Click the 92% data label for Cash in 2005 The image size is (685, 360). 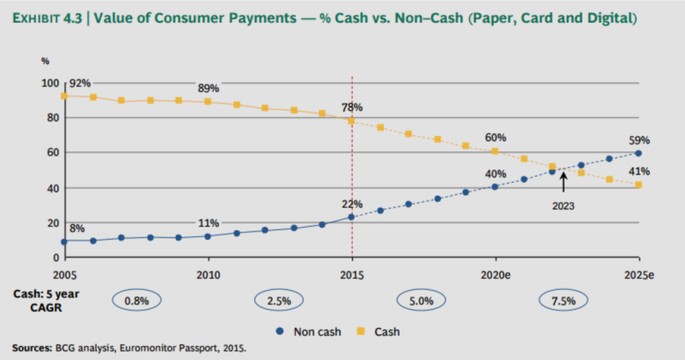pos(79,84)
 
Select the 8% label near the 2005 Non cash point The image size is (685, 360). pos(78,229)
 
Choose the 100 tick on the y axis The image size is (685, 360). pos(51,83)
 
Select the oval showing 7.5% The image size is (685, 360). pos(563,300)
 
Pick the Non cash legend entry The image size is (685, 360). pos(310,332)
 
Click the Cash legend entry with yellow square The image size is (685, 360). pos(379,332)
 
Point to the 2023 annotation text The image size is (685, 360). pos(562,206)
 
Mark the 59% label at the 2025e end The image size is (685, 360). pos(639,141)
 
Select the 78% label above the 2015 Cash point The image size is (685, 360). pos(352,108)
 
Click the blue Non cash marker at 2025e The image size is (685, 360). pos(639,153)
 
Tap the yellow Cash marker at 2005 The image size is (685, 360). pos(64,96)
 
